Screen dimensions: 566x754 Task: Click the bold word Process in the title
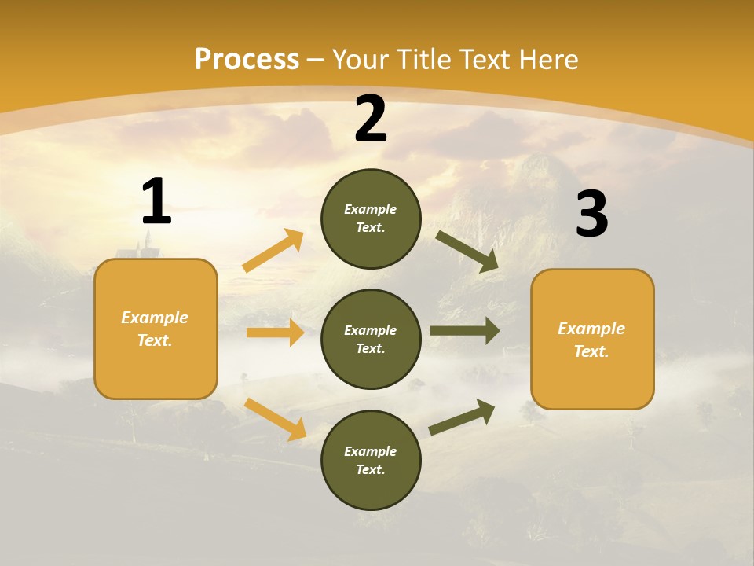[x=247, y=60]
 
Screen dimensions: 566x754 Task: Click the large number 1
[x=156, y=202]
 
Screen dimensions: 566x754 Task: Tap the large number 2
[x=371, y=119]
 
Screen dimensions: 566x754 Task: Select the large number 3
[x=591, y=215]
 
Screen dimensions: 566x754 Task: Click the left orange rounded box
[x=156, y=329]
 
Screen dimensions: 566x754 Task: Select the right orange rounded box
[x=592, y=339]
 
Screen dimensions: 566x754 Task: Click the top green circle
[x=371, y=219]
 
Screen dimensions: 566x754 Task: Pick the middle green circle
[x=371, y=339]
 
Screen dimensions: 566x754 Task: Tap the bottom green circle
[x=371, y=460]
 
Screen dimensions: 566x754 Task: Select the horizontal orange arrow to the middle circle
[x=275, y=333]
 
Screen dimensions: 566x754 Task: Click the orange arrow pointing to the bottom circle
[x=275, y=419]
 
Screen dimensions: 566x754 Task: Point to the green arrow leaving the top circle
[x=467, y=252]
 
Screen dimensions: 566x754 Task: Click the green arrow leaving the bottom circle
[x=462, y=417]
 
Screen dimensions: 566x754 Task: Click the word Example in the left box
[x=155, y=318]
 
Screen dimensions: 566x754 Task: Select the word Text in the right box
[x=591, y=351]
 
